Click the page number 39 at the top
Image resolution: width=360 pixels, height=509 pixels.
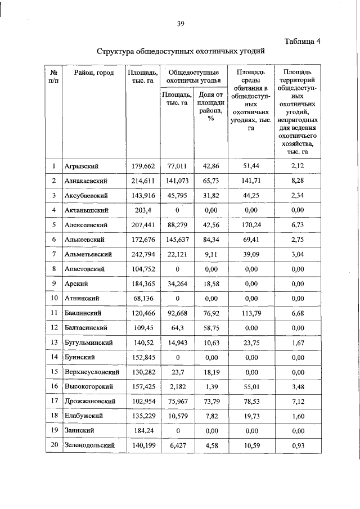[181, 23]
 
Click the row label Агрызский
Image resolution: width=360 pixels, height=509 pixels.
[82, 166]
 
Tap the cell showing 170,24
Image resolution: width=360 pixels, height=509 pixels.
[250, 225]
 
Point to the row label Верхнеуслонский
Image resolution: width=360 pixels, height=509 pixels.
[91, 372]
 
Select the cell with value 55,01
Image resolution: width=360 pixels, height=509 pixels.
[250, 386]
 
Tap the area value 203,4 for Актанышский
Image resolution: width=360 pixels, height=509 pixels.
[142, 210]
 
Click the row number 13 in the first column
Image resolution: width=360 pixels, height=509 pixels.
[54, 342]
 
